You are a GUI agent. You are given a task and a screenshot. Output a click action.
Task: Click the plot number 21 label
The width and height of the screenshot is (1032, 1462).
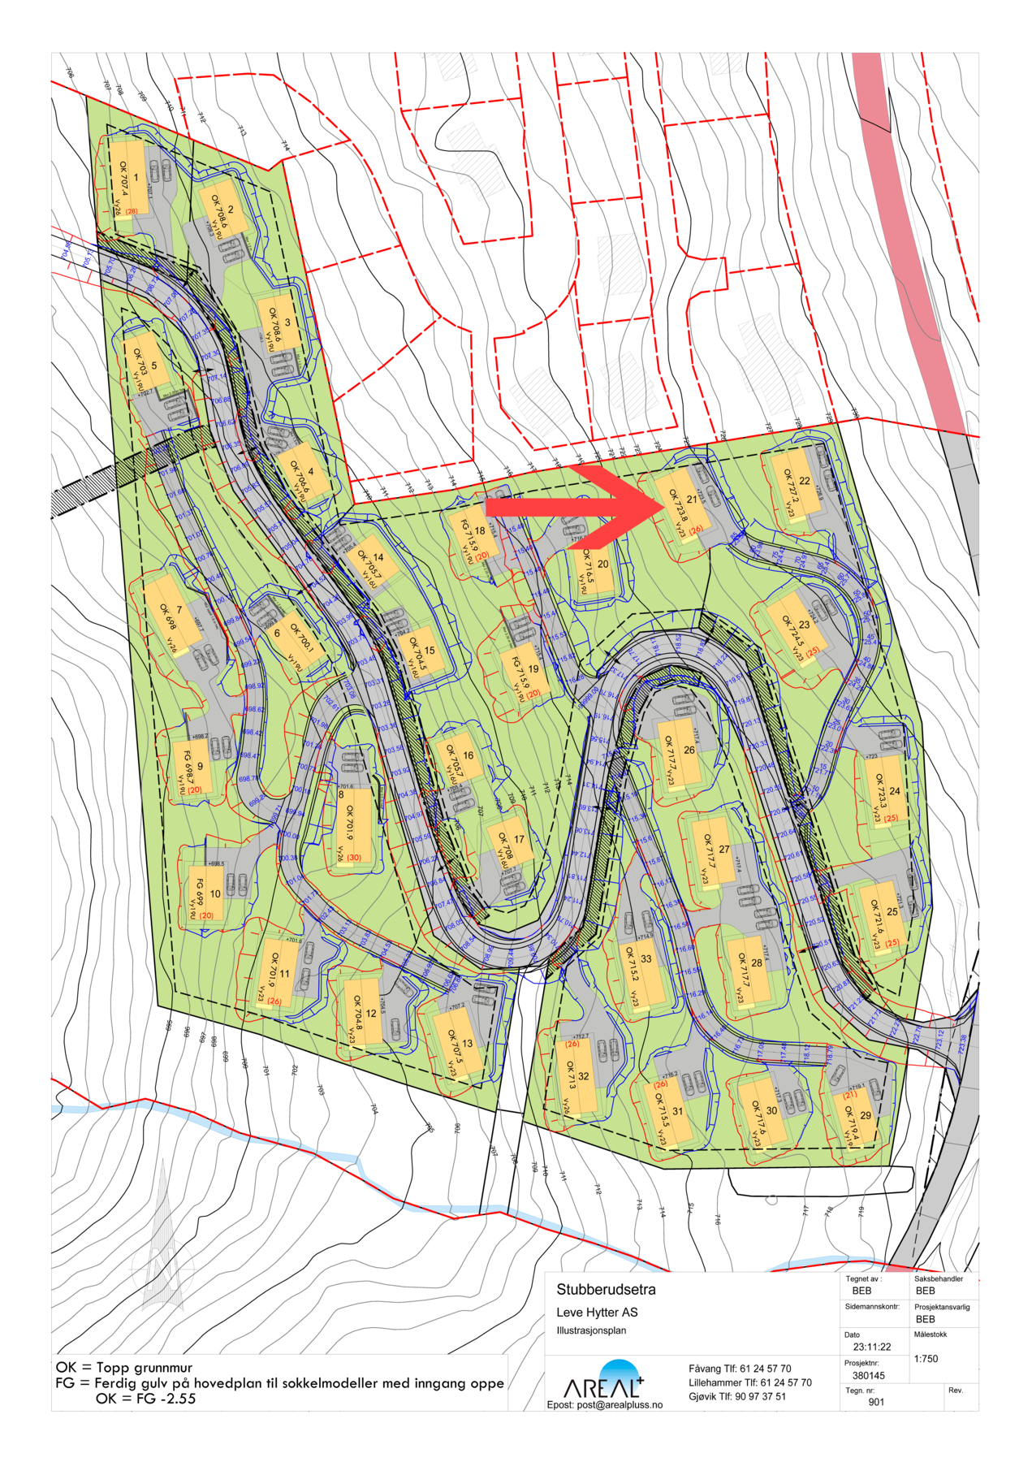pos(692,499)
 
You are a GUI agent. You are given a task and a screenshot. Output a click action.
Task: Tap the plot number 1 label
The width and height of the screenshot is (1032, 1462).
pos(136,177)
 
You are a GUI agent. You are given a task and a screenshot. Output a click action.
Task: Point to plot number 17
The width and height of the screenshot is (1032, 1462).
pos(519,839)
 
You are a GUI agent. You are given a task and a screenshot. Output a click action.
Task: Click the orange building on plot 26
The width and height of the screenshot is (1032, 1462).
pos(679,753)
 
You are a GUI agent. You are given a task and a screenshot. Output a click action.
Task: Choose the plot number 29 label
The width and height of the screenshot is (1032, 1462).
pos(866,1115)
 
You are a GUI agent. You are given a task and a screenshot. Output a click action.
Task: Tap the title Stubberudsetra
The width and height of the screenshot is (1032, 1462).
pos(606,1289)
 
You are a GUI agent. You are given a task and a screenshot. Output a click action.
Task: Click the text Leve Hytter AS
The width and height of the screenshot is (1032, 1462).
pos(597,1312)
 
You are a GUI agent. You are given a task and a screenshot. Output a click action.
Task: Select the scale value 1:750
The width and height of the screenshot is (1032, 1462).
pos(926,1358)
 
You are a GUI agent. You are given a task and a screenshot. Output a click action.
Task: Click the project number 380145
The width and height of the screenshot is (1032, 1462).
pos(868,1375)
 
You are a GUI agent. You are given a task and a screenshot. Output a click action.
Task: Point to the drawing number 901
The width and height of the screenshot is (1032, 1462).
pos(876,1401)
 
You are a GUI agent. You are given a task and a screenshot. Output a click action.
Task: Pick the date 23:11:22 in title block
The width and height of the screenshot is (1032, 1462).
pos(871,1346)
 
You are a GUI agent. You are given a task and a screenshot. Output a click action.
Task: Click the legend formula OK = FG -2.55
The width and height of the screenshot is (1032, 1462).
pos(145,1398)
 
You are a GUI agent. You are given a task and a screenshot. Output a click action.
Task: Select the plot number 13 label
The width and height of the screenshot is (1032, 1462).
pos(467,1044)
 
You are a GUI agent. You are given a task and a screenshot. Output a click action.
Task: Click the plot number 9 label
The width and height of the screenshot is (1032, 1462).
pos(200,766)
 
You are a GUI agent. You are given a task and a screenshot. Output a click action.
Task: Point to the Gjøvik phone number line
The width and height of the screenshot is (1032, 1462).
pos(736,1396)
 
